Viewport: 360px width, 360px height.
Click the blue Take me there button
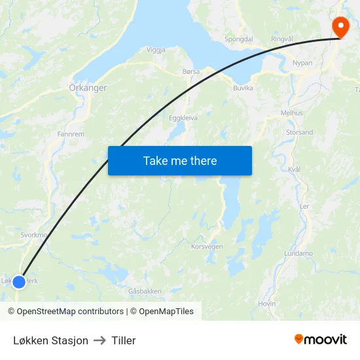[x=179, y=160]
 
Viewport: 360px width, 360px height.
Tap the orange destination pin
[x=340, y=26]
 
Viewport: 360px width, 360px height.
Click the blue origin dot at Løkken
[x=19, y=281]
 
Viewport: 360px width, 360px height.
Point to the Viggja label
[x=156, y=50]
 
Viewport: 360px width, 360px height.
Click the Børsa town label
[x=192, y=71]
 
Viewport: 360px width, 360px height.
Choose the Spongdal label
[x=238, y=39]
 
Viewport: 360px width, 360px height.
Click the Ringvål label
[x=282, y=39]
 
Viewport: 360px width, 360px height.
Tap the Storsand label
[x=299, y=132]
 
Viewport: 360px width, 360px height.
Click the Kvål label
[x=294, y=169]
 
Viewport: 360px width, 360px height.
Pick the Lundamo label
[x=298, y=253]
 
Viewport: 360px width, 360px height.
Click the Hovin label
[x=267, y=304]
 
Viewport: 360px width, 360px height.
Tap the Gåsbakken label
[x=145, y=291]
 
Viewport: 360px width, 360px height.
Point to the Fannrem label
[x=71, y=134]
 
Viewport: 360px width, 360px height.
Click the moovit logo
[x=321, y=339]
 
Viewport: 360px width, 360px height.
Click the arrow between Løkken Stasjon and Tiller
[x=100, y=340]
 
